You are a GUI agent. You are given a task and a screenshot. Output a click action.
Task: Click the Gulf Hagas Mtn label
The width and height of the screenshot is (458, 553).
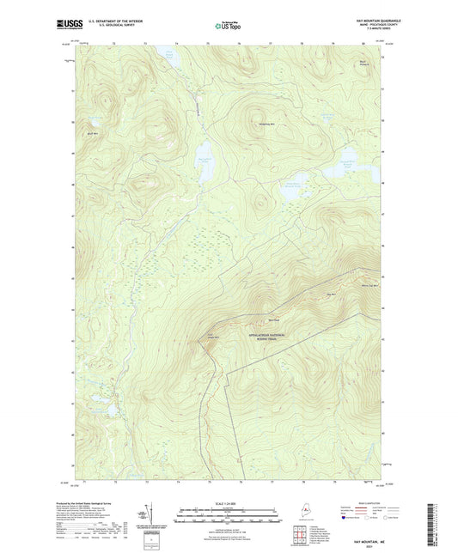211,336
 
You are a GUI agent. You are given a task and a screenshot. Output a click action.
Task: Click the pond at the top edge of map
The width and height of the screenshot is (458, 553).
169,54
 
